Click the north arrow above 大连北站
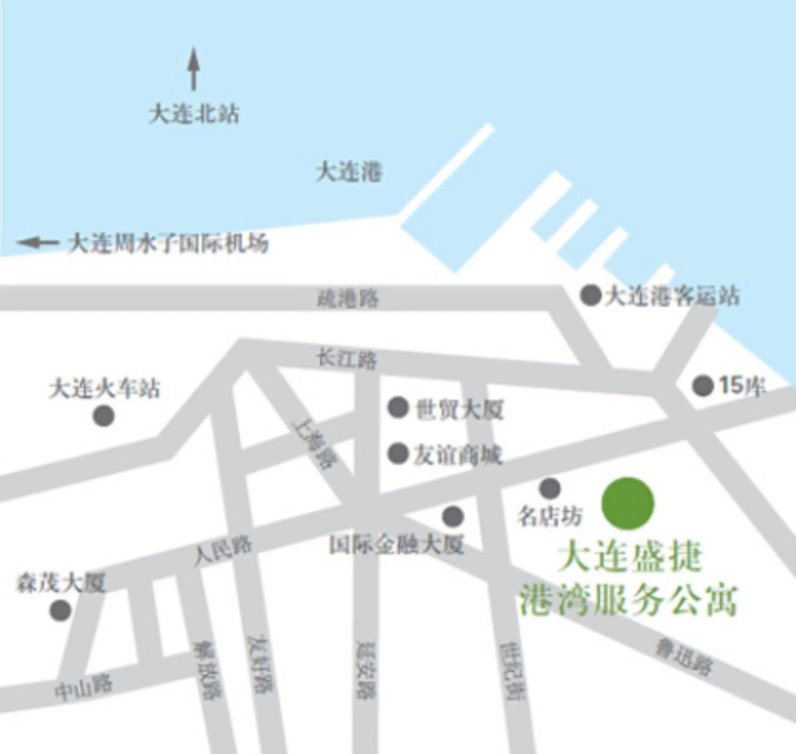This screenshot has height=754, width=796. [x=194, y=69]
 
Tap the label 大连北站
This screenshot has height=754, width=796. [x=194, y=114]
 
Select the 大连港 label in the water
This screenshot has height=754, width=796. [x=348, y=172]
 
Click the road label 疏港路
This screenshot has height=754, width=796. [x=348, y=299]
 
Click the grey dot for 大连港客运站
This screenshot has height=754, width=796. [x=591, y=295]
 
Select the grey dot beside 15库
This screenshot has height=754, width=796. [x=703, y=386]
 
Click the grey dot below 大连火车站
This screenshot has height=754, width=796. [x=103, y=415]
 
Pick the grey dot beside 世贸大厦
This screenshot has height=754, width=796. [x=398, y=407]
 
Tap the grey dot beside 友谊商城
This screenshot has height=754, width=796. [x=398, y=453]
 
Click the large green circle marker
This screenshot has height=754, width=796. [x=628, y=503]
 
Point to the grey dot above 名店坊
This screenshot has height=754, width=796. [x=550, y=488]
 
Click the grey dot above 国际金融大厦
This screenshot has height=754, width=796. [x=453, y=516]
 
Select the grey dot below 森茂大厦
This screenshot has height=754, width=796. [x=60, y=610]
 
